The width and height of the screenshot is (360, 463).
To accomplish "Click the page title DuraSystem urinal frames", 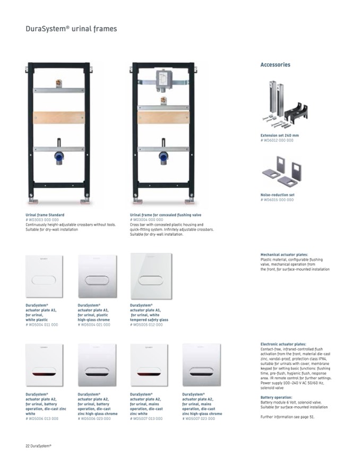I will click(x=71, y=29).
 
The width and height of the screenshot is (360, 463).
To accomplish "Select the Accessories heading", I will click(x=275, y=65).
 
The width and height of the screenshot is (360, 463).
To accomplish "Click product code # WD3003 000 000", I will click(x=42, y=219).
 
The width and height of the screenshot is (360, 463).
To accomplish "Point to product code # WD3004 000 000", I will click(x=147, y=219).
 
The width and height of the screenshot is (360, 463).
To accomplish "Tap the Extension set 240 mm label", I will click(x=279, y=135).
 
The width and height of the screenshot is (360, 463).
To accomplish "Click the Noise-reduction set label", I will click(x=277, y=195).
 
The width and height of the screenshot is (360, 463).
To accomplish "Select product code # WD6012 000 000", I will click(x=277, y=140).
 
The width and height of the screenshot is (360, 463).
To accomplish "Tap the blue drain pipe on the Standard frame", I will click(x=58, y=158).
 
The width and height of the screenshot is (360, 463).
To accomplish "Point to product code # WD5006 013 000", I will click(x=42, y=418).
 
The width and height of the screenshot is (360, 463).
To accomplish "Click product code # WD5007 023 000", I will click(x=199, y=418).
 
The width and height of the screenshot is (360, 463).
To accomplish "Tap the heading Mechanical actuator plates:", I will click(x=283, y=255).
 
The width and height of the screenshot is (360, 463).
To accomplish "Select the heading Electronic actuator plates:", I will click(x=283, y=344).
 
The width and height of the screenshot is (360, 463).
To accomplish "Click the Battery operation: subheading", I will click(x=276, y=397).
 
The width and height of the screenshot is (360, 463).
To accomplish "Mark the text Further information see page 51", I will click(x=287, y=417).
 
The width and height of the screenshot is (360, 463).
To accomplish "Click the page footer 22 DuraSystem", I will click(x=39, y=445).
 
